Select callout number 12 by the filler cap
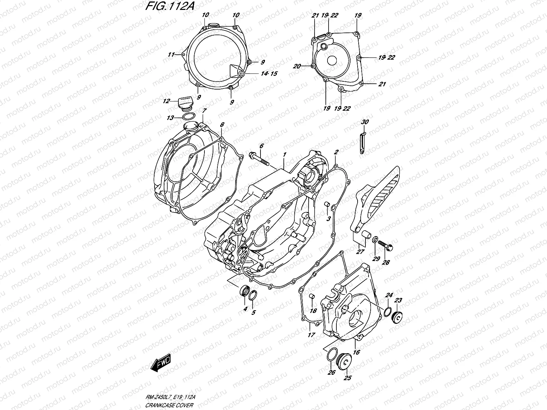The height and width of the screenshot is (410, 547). point(166,101)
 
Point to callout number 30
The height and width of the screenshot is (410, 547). point(365,122)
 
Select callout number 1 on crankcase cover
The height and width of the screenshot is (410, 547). point(284,155)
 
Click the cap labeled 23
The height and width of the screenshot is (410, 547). point(398,317)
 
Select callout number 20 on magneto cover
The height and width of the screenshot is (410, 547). point(296,67)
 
